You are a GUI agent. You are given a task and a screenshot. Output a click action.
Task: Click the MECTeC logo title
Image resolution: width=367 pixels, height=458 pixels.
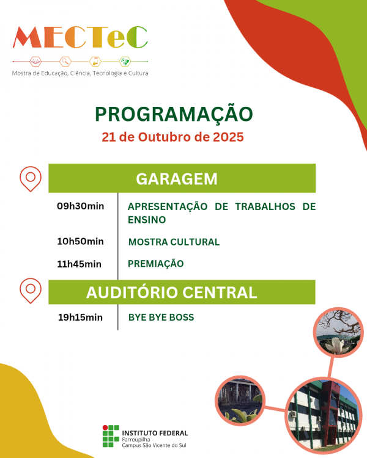[x=80, y=38]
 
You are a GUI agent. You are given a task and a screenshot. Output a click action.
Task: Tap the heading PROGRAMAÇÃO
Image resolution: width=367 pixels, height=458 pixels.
[x=173, y=114]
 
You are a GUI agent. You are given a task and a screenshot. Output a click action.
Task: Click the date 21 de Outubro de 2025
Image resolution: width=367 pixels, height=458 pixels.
[x=173, y=137]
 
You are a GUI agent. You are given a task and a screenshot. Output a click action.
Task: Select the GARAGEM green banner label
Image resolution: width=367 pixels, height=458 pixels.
[x=177, y=179]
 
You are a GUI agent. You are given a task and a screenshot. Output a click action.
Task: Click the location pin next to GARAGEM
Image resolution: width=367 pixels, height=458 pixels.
[x=30, y=178]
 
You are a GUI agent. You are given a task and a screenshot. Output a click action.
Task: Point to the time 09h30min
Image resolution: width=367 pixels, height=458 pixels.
[x=80, y=206]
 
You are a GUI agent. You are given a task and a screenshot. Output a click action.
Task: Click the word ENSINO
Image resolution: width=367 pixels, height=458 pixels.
[x=147, y=220]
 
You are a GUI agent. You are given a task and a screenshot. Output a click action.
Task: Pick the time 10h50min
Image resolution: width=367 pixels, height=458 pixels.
[x=80, y=241]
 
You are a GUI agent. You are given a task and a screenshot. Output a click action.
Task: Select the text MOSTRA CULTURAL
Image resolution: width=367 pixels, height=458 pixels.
[x=174, y=242]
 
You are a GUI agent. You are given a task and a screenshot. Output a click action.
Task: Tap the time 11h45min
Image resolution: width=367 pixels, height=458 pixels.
[x=79, y=264]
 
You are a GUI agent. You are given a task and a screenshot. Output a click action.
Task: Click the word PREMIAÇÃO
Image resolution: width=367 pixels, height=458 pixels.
[x=155, y=264]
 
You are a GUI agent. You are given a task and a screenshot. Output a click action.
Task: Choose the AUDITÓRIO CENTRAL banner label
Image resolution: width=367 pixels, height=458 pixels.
[x=172, y=293]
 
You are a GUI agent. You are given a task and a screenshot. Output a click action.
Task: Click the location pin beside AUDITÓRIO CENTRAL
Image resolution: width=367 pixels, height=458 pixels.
[x=30, y=291]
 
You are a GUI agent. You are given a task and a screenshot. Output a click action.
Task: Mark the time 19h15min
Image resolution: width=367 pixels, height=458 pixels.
[x=80, y=317]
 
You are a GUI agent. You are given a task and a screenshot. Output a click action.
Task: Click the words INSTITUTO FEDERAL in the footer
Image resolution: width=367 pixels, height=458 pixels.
[x=155, y=433]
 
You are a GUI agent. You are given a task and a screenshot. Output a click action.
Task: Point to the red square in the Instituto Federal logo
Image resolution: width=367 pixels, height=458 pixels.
[x=105, y=428]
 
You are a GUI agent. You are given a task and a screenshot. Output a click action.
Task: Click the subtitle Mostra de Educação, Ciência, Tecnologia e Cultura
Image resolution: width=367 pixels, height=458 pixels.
[x=80, y=73]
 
